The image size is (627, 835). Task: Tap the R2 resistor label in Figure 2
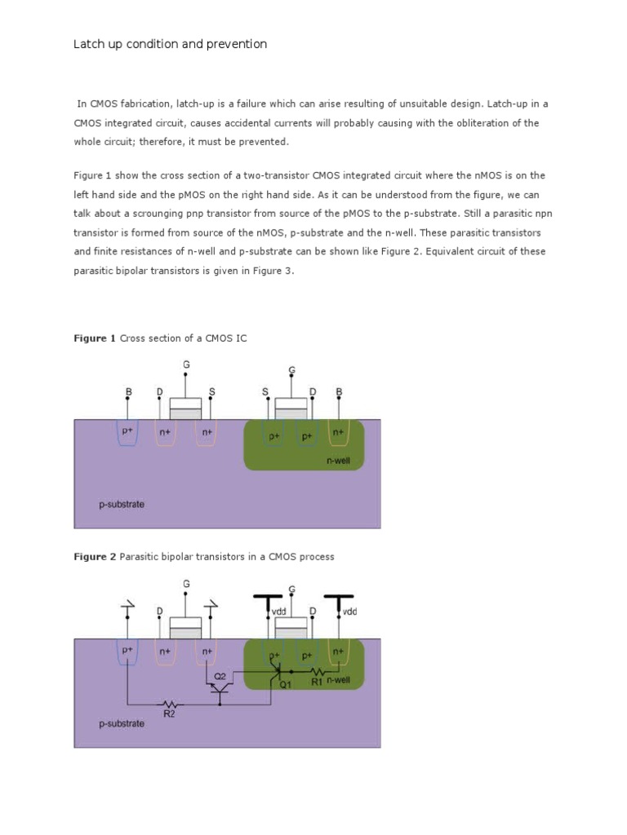(169, 712)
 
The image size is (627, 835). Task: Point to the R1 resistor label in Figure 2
(318, 681)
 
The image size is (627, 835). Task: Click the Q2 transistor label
(220, 677)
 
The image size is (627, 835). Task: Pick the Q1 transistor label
(286, 686)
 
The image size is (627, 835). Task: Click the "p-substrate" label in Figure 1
(122, 504)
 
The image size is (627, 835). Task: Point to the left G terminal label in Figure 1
(185, 364)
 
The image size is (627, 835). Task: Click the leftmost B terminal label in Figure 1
(128, 392)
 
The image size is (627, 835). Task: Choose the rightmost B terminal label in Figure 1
(339, 392)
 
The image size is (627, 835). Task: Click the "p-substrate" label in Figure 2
(122, 723)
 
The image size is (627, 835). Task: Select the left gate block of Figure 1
(185, 407)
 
